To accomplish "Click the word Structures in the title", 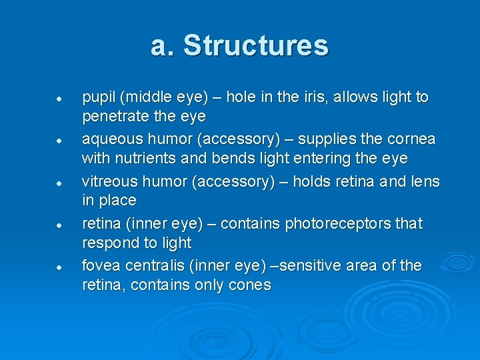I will coord(256,46).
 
